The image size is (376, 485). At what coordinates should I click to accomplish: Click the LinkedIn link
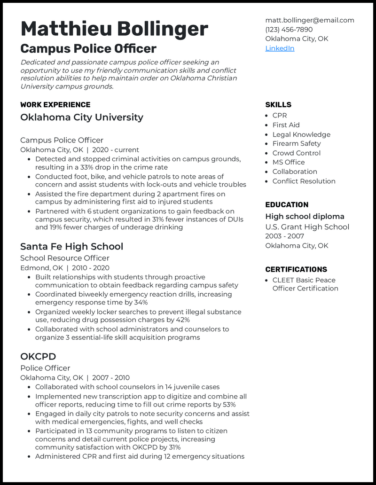coord(280,48)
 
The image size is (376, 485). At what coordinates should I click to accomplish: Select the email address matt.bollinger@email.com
coord(309,20)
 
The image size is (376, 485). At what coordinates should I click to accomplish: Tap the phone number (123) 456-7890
coord(289,30)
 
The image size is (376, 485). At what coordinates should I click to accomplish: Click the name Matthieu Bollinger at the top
coord(114,29)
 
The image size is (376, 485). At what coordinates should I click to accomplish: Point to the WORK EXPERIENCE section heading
coord(55,105)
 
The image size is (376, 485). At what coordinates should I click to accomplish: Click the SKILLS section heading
coord(278,105)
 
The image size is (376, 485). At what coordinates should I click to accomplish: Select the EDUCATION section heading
coord(287,205)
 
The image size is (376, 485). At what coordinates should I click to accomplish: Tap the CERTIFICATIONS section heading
coord(296,270)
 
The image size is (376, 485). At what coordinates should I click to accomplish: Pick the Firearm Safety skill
coord(297,144)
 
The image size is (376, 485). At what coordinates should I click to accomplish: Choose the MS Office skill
coord(289,163)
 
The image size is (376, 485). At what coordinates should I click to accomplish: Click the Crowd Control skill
coord(297,153)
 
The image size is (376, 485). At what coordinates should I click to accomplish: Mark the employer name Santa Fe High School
coord(71,247)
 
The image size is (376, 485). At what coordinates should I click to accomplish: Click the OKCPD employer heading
coord(38,357)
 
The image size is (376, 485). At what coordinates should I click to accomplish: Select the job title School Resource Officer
coord(65,258)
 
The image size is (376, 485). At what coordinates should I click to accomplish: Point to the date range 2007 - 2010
coord(111,378)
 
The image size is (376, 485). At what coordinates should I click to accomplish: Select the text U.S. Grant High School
coord(307,227)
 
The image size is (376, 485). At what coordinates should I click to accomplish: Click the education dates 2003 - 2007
coord(284,236)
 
